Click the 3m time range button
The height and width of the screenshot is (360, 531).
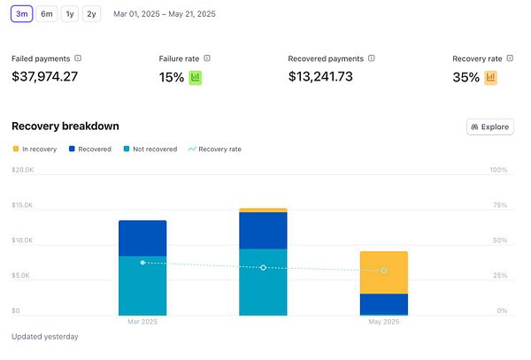pos(22,14)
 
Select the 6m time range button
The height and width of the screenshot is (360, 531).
pos(47,14)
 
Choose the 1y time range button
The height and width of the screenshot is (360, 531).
pos(70,14)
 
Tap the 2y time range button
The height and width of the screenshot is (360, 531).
pos(91,14)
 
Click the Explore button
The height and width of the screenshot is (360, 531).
pos(489,126)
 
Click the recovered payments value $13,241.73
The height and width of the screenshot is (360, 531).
pos(333,77)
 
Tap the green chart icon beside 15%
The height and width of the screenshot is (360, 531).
pos(196,78)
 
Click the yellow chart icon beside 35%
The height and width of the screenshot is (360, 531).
pos(490,78)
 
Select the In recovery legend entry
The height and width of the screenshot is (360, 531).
pos(35,149)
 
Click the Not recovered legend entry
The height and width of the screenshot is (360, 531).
pos(150,149)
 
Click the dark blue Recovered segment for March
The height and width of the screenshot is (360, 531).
pos(142,238)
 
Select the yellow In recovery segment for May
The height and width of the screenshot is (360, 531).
pos(383,272)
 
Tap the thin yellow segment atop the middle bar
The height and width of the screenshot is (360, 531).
pos(263,211)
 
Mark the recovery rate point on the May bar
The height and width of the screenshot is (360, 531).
pos(384,271)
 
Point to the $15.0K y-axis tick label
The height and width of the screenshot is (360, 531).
pos(22,205)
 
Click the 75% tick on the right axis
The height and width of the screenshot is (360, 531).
pos(498,205)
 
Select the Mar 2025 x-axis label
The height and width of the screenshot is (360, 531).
pos(142,322)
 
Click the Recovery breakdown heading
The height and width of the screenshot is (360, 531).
pos(65,126)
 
